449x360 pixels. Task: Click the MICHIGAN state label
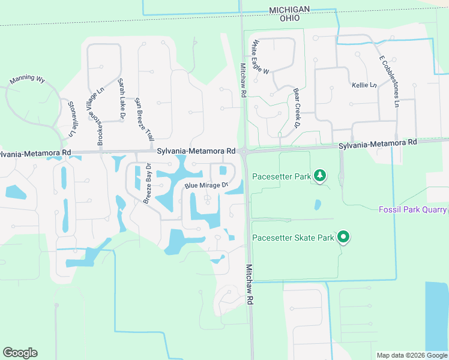point(289,10)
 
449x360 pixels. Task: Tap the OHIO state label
point(289,18)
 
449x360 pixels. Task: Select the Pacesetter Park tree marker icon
point(321,175)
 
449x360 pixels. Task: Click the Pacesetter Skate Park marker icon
point(343,238)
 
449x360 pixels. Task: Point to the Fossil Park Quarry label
point(412,209)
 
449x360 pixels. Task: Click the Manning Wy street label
point(28,79)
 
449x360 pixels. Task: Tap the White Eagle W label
point(261,57)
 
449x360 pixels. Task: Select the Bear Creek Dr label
point(296,109)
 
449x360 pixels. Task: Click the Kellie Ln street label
point(364,85)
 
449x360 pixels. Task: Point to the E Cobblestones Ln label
point(388,82)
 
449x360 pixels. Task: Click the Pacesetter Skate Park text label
point(292,238)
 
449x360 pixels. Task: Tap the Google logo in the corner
point(20,353)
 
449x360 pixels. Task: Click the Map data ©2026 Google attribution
point(412,355)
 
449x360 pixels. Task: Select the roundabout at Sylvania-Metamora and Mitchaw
point(244,152)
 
